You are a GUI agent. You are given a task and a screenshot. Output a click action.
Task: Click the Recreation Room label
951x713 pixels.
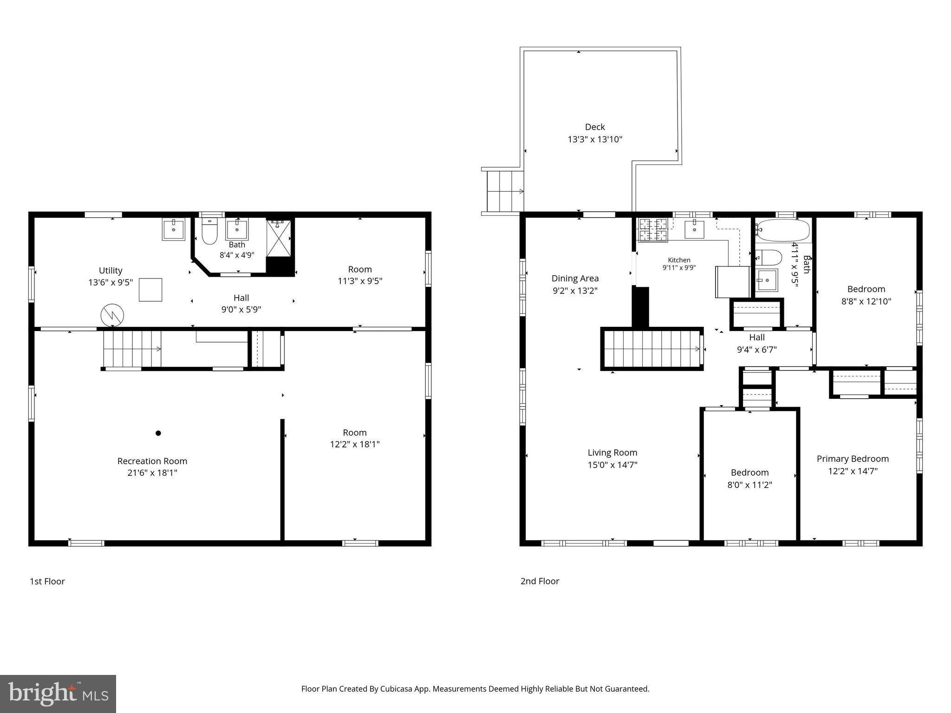[152, 461]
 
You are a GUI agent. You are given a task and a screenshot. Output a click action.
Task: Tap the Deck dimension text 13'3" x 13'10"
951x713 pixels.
[595, 139]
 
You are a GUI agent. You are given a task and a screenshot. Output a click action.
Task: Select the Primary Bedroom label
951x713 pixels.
[853, 459]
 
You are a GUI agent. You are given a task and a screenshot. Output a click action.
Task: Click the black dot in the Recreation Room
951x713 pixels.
[158, 433]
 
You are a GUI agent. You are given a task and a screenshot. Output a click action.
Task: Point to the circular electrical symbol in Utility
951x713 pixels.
[112, 315]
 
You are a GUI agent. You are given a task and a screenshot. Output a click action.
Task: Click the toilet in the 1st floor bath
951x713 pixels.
[209, 231]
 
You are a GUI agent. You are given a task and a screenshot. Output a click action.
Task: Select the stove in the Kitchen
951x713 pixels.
[653, 230]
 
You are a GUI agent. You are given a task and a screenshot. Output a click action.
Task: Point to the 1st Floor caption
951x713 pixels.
[47, 581]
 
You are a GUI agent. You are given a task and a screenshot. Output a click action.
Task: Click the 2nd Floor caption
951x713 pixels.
[540, 581]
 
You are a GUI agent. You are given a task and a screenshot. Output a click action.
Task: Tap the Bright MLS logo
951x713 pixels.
[58, 694]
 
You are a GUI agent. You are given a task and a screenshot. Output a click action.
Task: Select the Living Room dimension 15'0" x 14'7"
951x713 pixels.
[612, 465]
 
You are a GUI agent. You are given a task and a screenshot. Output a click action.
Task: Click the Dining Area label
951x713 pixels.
[575, 279]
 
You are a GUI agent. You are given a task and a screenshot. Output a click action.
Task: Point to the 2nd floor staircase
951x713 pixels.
[652, 349]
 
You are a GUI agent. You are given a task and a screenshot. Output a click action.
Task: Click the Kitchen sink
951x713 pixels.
[694, 229]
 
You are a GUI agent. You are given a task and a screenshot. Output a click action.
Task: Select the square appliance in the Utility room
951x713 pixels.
[151, 290]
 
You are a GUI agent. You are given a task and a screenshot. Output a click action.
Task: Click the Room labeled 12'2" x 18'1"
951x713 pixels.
[355, 438]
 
